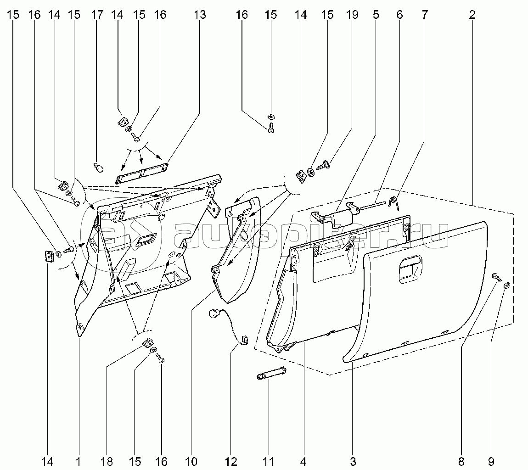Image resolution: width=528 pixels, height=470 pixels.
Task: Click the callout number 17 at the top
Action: coord(97,15)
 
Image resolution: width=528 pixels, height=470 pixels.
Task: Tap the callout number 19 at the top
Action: coord(352,15)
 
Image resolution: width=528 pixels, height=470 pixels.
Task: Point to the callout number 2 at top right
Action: coord(472,15)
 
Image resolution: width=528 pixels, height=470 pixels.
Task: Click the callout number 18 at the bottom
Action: coord(107,461)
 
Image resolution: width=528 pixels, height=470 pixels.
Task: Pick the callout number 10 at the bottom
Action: coord(191,461)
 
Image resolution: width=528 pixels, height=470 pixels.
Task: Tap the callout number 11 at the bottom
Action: coord(268,461)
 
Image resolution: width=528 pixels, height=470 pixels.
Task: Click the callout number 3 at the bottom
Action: coord(353,461)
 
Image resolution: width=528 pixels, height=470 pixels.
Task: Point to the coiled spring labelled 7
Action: coord(393,201)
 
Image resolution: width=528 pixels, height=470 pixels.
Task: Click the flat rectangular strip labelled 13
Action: coord(141,172)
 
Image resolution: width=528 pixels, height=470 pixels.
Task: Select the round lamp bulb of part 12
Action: coord(213,314)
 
